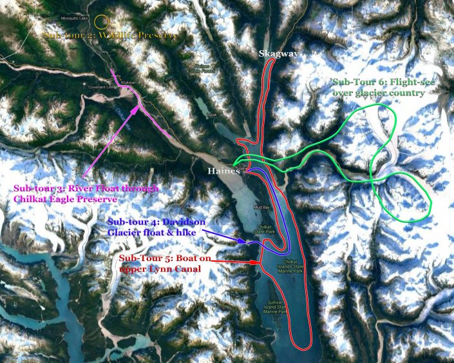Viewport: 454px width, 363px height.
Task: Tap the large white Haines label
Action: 223,170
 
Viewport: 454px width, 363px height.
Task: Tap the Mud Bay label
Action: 261,208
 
